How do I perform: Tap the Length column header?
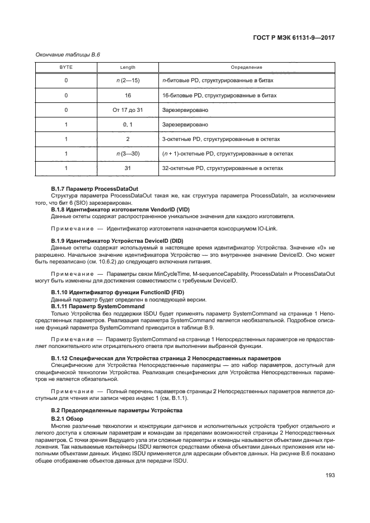pyautogui.click(x=128, y=67)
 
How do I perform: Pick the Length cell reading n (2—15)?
pyautogui.click(x=128, y=81)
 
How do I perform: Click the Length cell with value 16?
pyautogui.click(x=128, y=96)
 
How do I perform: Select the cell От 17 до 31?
pyautogui.click(x=128, y=110)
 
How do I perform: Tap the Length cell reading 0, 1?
pyautogui.click(x=128, y=125)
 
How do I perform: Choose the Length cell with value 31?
pyautogui.click(x=128, y=168)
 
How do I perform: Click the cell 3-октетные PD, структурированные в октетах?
pyautogui.click(x=221, y=139)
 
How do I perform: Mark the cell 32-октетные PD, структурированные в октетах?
pyautogui.click(x=222, y=168)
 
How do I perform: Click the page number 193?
pyautogui.click(x=330, y=475)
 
